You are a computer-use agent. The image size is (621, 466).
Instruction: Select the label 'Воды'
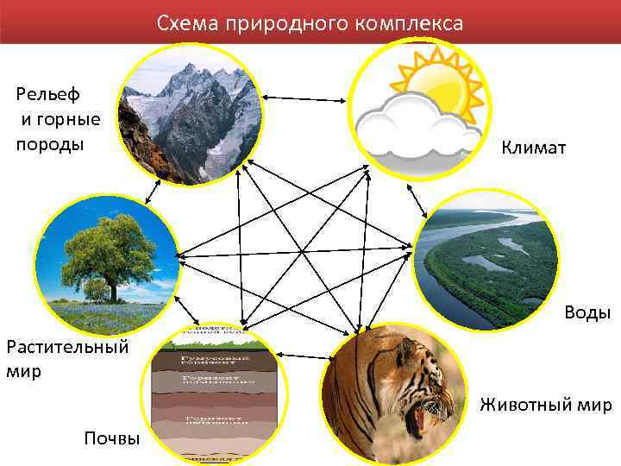tap(587, 312)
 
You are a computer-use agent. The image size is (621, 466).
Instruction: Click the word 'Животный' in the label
tap(516, 405)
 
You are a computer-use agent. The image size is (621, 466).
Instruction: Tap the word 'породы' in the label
tap(50, 143)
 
